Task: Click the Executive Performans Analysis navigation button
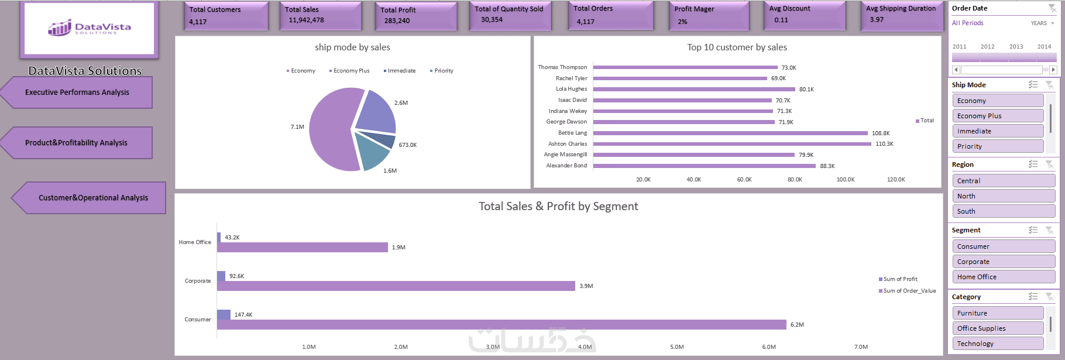coord(77,92)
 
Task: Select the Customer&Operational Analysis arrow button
coord(93,198)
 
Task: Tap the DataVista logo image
coord(90,28)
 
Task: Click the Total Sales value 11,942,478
coord(306,20)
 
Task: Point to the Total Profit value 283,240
coord(397,20)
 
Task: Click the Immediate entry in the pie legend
coord(401,71)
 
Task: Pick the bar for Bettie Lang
coord(730,133)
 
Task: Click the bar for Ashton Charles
coord(731,144)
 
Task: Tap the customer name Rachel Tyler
coord(571,78)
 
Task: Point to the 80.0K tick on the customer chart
coord(795,180)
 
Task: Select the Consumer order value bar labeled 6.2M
coord(501,324)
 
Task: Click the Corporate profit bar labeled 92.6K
coord(221,276)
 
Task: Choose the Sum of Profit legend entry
coord(900,279)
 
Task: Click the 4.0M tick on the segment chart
coord(585,347)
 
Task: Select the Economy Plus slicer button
coord(997,116)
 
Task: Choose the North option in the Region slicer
coord(997,196)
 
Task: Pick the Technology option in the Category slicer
coord(997,344)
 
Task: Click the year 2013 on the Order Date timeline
coord(1016,47)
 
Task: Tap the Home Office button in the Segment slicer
coord(997,277)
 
